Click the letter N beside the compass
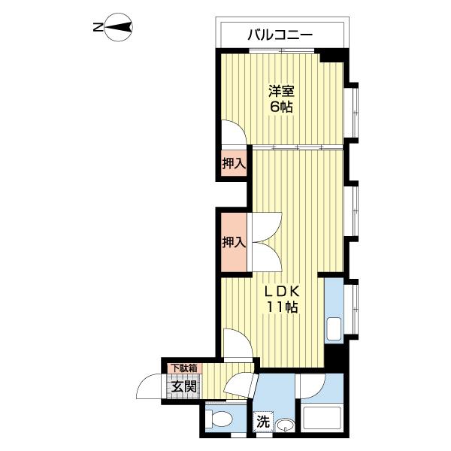pos(96,29)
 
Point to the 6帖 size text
pos(282,107)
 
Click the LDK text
pos(282,291)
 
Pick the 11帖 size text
pos(282,307)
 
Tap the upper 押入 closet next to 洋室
pos(234,163)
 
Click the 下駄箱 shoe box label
pos(183,368)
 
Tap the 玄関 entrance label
pos(183,387)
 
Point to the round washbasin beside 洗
pos(284,426)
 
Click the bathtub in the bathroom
pos(322,418)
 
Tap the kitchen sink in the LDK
pos(334,328)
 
